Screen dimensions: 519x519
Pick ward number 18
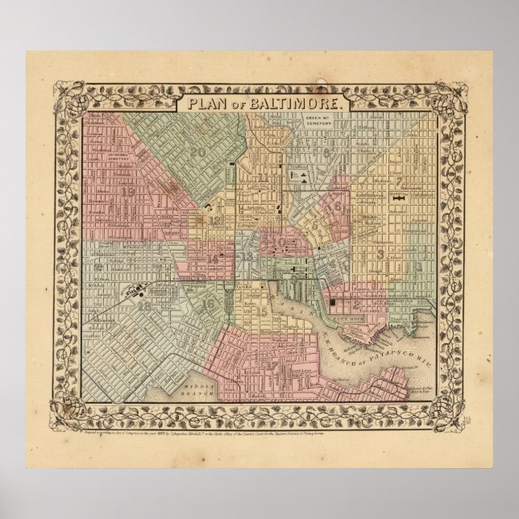[x=144, y=305]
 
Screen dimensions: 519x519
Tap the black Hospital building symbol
[x=400, y=196]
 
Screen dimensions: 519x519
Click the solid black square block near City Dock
[x=332, y=302]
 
